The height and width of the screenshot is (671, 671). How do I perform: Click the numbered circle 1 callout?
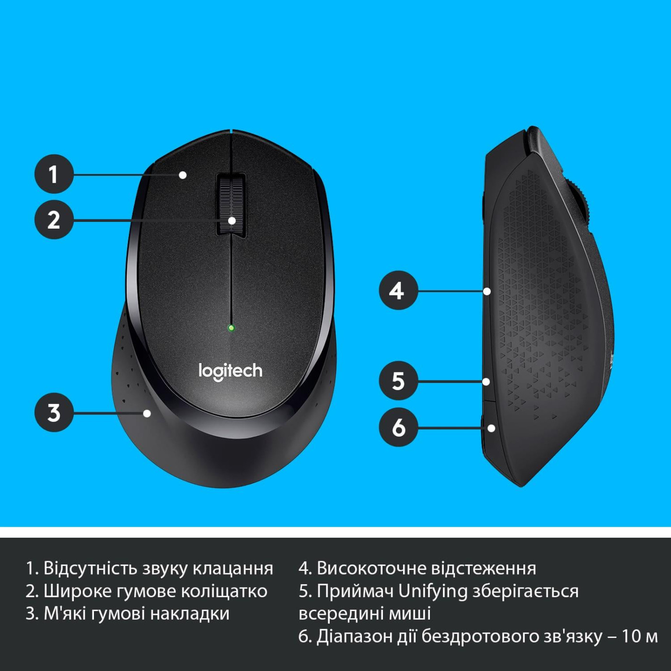(x=54, y=174)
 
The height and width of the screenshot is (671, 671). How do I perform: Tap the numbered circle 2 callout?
(x=54, y=220)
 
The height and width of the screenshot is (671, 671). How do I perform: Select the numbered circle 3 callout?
(x=54, y=413)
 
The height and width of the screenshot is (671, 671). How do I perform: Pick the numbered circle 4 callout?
(x=398, y=290)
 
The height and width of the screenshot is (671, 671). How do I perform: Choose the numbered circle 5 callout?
(x=398, y=381)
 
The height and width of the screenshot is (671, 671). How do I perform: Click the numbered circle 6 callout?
(x=398, y=427)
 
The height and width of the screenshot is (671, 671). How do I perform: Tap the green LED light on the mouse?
(x=231, y=328)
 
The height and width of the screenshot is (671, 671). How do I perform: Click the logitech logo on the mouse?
(x=231, y=371)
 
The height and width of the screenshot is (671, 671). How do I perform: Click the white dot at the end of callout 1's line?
(x=183, y=175)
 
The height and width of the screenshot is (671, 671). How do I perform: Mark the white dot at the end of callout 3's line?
(x=147, y=413)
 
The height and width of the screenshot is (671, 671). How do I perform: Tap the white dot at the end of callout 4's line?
(x=487, y=291)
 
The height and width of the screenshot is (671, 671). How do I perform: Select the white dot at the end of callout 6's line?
(x=491, y=428)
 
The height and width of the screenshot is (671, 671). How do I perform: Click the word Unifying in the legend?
(x=433, y=591)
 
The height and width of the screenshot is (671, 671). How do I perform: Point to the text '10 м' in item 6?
(x=639, y=636)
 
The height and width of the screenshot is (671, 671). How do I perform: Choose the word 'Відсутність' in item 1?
(x=91, y=568)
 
